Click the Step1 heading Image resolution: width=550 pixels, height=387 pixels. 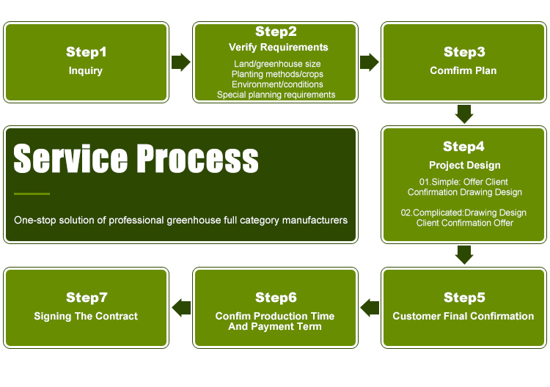tap(87, 52)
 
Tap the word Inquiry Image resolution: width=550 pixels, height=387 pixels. tap(86, 71)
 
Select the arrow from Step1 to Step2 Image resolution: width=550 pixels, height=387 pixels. tap(181, 62)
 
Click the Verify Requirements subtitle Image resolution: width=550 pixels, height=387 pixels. tap(278, 48)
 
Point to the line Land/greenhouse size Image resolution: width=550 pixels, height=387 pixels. tap(277, 64)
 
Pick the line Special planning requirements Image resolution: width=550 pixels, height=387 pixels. tap(276, 95)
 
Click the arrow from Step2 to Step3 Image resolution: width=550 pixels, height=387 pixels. tap(370, 62)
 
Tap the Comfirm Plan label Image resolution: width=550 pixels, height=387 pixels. tap(463, 70)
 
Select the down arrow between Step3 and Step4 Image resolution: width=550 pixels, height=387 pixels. tap(464, 114)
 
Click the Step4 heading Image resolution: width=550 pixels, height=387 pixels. tap(463, 146)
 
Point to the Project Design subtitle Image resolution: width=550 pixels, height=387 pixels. tap(464, 165)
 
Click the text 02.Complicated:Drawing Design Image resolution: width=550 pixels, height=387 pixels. tap(463, 213)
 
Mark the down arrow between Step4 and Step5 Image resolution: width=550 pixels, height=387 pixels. tap(464, 255)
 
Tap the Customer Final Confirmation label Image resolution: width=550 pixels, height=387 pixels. tap(463, 316)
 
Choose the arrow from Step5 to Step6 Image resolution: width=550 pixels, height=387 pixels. tap(370, 308)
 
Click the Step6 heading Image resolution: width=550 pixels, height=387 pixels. tap(276, 298)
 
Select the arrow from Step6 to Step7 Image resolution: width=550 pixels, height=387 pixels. tap(181, 308)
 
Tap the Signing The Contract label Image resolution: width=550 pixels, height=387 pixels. tap(86, 316)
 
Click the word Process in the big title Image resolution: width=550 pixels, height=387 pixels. tap(197, 158)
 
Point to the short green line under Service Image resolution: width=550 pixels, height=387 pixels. tap(32, 193)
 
